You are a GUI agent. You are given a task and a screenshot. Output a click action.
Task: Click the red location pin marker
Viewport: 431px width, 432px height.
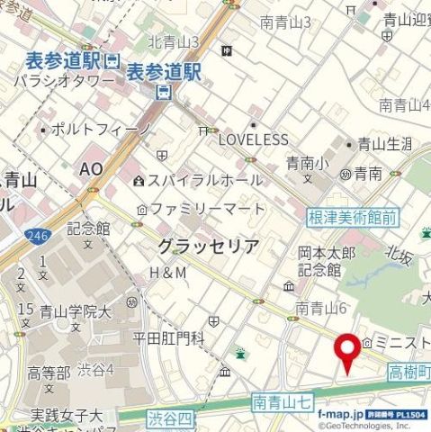[x=346, y=351]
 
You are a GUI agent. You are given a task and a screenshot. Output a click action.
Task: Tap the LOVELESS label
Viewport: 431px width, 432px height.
[x=254, y=139]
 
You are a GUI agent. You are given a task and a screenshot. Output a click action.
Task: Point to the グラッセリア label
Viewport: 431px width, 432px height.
[x=208, y=246]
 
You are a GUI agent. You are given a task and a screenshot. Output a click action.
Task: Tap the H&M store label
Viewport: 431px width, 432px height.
[x=167, y=272]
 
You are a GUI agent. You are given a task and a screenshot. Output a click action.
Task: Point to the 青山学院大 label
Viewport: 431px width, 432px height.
[x=76, y=312]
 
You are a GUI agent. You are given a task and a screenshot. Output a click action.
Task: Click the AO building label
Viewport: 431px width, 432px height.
[x=92, y=169]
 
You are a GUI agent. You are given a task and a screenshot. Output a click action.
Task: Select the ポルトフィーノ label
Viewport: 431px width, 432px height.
[x=102, y=130]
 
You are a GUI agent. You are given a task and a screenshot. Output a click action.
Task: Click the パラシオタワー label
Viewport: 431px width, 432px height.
[x=64, y=81]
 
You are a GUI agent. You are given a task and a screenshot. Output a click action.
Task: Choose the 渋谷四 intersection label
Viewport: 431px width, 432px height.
[x=171, y=418]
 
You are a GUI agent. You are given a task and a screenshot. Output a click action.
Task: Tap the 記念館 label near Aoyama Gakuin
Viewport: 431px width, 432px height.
[x=87, y=228]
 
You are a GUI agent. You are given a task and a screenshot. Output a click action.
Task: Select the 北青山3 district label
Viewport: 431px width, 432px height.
[x=173, y=41]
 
